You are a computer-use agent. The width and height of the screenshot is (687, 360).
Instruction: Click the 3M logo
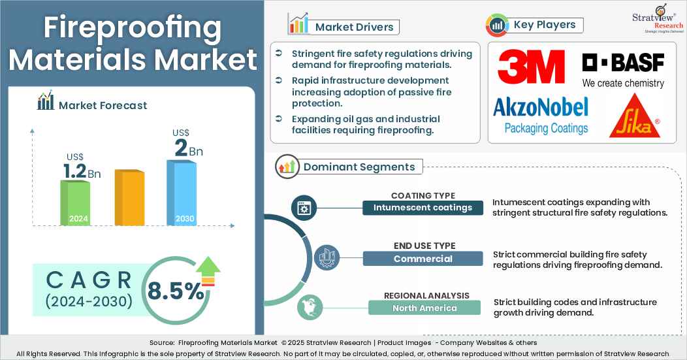[531, 67]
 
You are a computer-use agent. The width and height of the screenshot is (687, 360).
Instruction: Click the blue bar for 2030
[181, 193]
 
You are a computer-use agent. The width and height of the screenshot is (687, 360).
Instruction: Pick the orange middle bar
[129, 197]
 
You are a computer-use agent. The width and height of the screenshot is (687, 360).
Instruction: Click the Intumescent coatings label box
[423, 208]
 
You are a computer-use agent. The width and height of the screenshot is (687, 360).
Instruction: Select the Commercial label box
[423, 259]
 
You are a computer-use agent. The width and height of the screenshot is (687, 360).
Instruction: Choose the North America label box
[424, 308]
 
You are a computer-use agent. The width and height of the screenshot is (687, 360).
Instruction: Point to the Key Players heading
[545, 25]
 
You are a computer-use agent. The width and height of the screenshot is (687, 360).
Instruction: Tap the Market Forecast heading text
[103, 105]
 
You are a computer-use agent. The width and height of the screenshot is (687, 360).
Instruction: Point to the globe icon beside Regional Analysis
[308, 307]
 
